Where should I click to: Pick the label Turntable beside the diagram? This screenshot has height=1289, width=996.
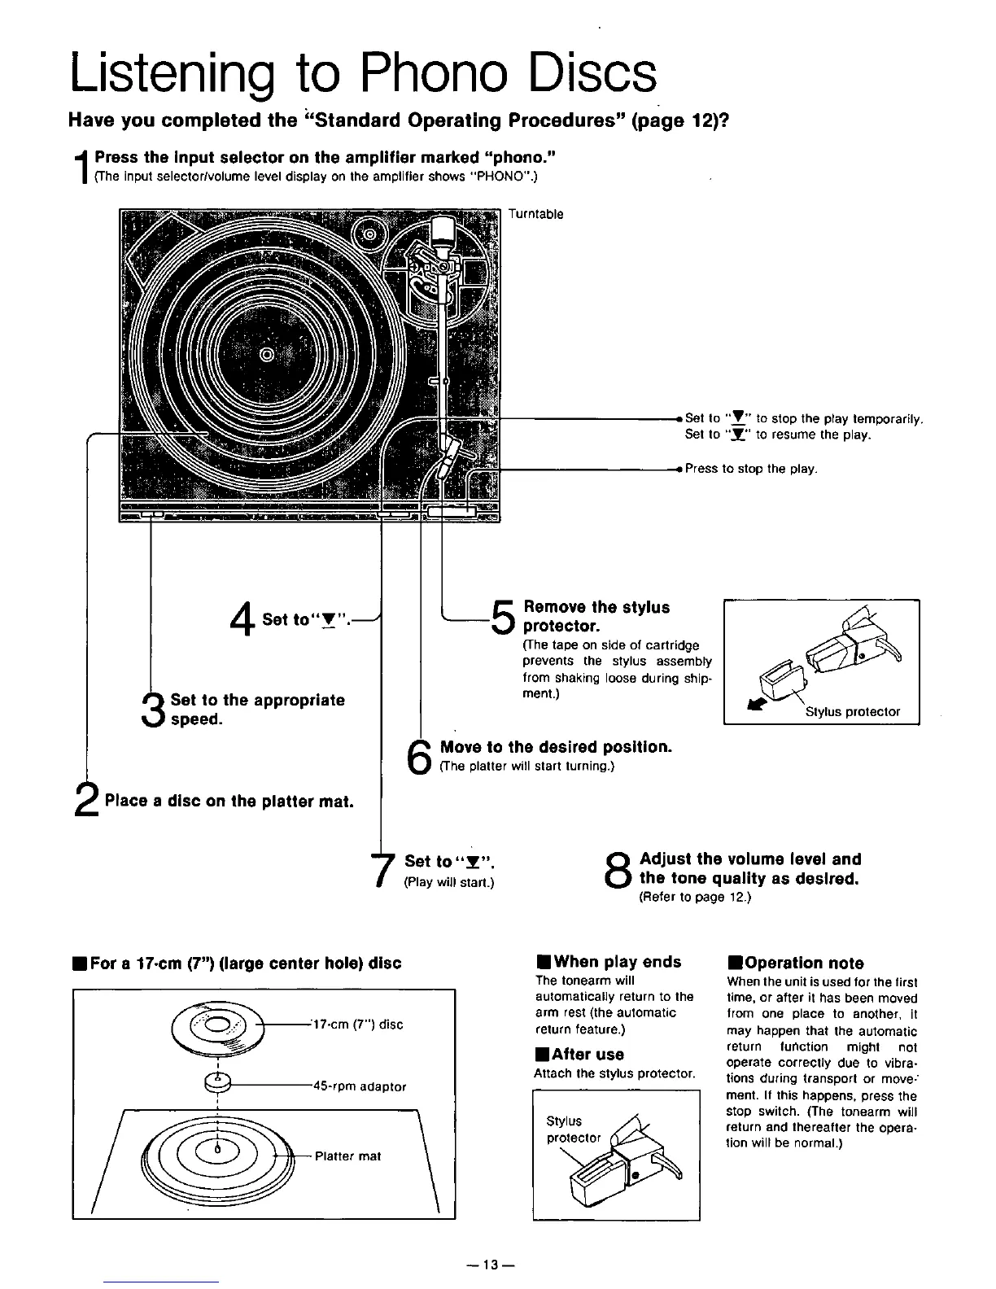[535, 215]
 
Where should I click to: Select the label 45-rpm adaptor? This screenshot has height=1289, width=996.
[359, 1086]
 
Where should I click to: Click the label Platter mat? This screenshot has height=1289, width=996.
[347, 1156]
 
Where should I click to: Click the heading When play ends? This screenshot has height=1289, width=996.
[609, 962]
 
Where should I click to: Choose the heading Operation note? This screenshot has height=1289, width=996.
[796, 963]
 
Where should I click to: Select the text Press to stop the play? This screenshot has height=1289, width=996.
[750, 470]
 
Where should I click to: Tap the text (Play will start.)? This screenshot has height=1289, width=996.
[449, 882]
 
